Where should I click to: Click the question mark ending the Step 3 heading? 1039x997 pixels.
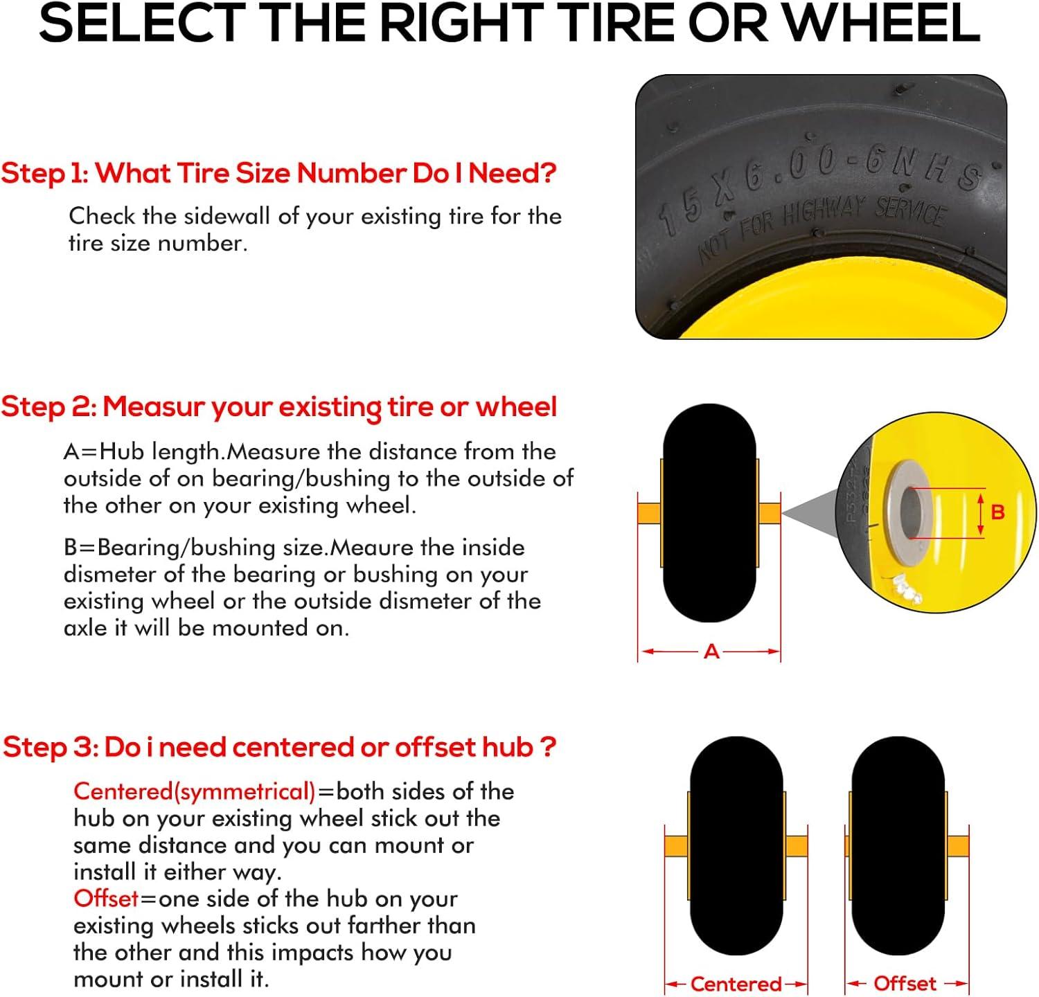(547, 747)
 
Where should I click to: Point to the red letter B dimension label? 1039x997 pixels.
(997, 512)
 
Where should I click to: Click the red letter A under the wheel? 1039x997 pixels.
(711, 652)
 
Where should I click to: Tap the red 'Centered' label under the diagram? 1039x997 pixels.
(736, 984)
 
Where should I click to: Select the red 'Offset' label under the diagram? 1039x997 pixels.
(905, 983)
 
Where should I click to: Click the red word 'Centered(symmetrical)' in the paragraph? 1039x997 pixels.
(195, 791)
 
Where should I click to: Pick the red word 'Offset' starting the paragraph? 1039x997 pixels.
(106, 899)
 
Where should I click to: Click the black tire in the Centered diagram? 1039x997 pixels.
(736, 845)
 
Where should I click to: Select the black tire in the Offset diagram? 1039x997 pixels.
(898, 845)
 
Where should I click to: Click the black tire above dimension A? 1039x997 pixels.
(709, 513)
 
